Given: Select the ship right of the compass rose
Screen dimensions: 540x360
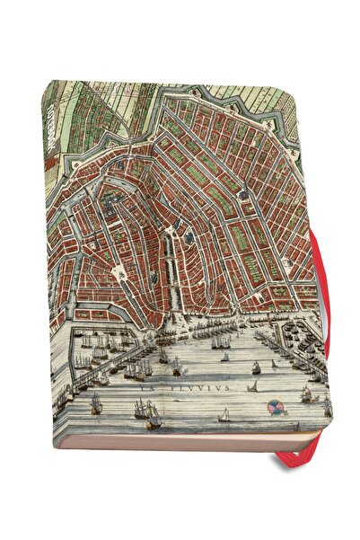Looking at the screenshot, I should pos(308,394).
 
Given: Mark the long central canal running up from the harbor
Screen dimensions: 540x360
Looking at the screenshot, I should pos(169,270).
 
